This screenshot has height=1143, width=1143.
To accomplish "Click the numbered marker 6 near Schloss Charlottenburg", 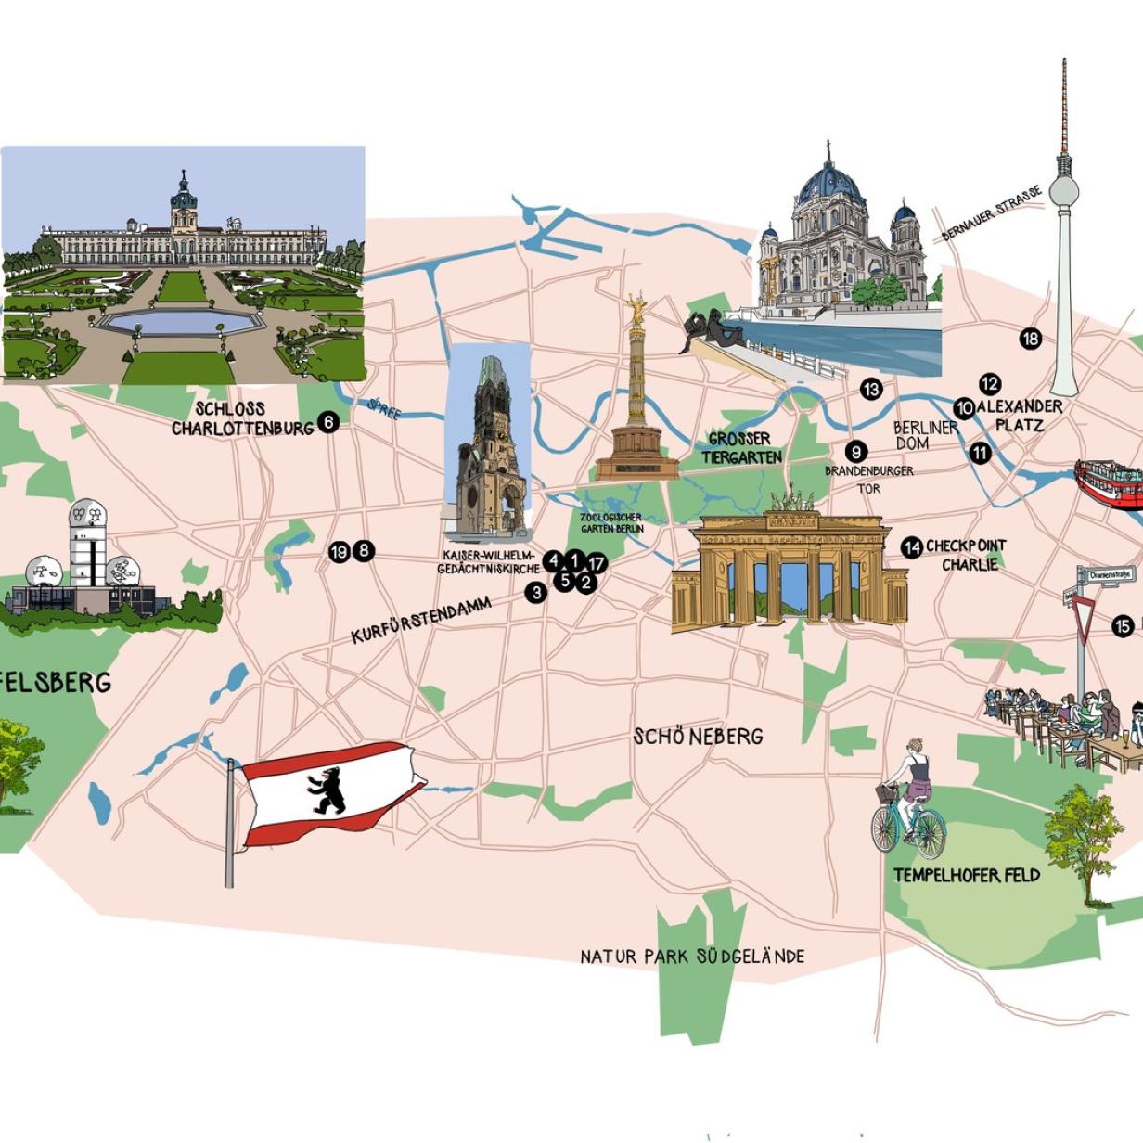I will tap(327, 422).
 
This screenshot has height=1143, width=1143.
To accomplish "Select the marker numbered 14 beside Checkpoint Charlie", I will tap(912, 547).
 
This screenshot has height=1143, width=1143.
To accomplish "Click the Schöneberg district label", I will tap(698, 737).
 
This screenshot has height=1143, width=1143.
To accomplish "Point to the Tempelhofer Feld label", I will tap(966, 875).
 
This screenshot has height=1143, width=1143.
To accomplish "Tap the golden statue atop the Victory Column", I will tap(636, 309).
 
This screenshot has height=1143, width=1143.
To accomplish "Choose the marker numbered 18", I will tap(1030, 339).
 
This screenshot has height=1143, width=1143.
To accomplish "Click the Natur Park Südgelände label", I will tap(692, 956).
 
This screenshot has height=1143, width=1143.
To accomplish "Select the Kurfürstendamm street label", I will tap(421, 620).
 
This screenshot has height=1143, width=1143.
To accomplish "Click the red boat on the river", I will tap(1109, 483).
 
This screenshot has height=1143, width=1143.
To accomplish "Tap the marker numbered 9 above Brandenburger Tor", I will tap(855, 452).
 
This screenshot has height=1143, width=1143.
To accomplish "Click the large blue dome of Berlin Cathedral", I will tap(828, 186).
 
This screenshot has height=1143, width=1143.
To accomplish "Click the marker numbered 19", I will tap(339, 552).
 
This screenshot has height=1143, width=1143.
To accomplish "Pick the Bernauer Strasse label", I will tap(991, 213).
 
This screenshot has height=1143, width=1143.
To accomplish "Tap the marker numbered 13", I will tap(870, 390).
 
